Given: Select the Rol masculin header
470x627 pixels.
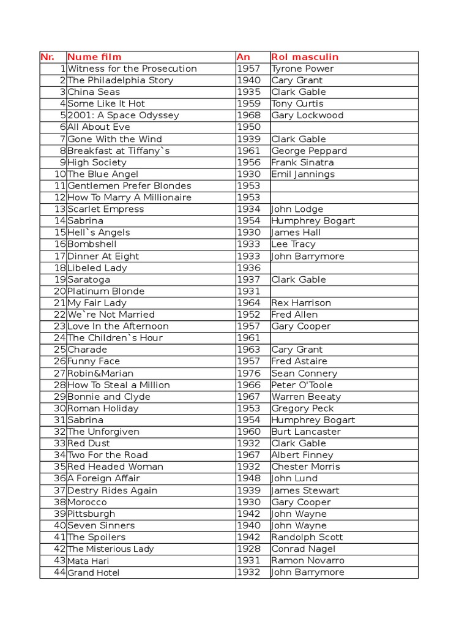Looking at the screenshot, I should [305, 57].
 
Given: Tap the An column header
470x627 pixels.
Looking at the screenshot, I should [243, 57].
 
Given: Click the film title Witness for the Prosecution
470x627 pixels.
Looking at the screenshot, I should [132, 69].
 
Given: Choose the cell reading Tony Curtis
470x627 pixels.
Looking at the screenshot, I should [297, 103].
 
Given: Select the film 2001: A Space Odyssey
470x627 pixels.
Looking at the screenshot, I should [123, 115].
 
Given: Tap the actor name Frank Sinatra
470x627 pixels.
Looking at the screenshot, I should [302, 162].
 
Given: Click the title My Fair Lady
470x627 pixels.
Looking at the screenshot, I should [97, 302].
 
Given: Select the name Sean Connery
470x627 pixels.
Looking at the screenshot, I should [304, 373].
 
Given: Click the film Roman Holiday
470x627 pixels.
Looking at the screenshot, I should [103, 408].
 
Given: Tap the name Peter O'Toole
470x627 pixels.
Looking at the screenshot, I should [302, 385].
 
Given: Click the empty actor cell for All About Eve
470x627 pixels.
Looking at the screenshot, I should [344, 127].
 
